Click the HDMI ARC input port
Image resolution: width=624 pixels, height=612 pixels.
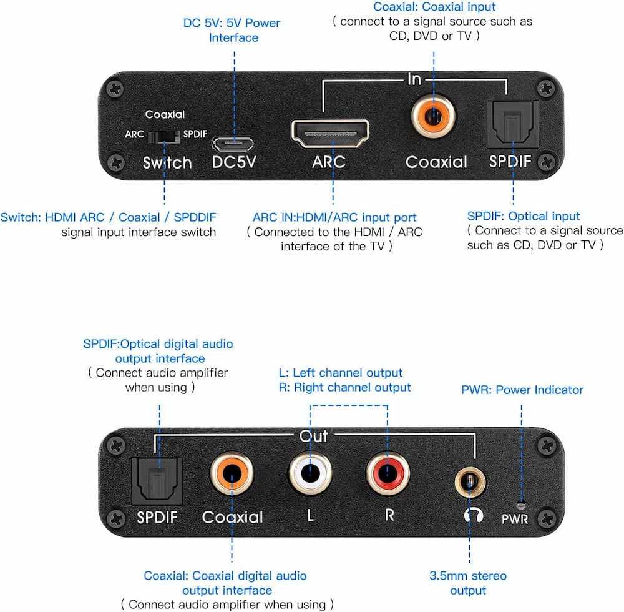[x=330, y=134]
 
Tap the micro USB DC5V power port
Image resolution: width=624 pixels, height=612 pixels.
[x=233, y=144]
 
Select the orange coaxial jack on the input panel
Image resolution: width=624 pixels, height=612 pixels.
[x=434, y=116]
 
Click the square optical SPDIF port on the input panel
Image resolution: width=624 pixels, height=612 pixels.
[x=512, y=125]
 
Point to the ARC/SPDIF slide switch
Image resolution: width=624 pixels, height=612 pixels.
[x=163, y=137]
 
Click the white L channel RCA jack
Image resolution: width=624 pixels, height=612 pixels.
[x=310, y=473]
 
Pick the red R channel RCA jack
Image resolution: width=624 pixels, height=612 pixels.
[x=388, y=473]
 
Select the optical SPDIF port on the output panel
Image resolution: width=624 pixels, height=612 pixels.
[x=157, y=481]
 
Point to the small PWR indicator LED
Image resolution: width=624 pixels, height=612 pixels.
[x=521, y=505]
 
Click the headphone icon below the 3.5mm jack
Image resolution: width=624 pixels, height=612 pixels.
[x=474, y=515]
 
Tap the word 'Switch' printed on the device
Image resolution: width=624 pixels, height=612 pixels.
[x=167, y=162]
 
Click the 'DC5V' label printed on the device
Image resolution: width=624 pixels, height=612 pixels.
[x=234, y=162]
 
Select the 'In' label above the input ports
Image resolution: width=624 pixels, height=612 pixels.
[x=414, y=79]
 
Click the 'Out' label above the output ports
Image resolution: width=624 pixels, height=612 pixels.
[x=314, y=437]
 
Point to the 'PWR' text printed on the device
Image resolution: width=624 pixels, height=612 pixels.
[x=515, y=519]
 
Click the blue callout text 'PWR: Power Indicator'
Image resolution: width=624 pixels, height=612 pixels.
[x=522, y=390]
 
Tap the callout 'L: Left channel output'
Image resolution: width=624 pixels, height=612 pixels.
[x=341, y=373]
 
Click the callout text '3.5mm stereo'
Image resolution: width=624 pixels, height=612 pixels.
[x=468, y=576]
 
